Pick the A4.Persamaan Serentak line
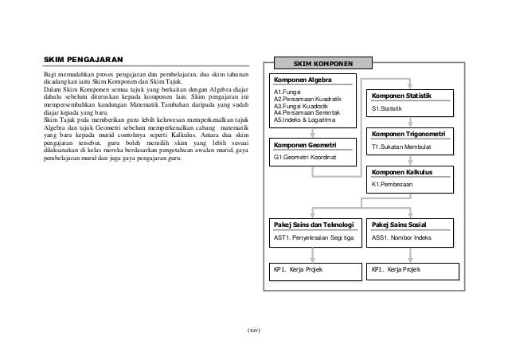coord(307,114)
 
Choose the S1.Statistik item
coord(388,108)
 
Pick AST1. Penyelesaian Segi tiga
coord(314,238)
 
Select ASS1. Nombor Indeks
coord(401,238)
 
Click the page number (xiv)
coord(254,329)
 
